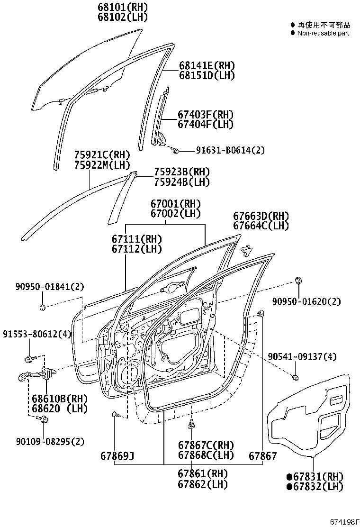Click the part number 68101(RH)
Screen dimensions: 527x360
coord(123,8)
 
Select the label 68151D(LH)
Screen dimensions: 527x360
coord(207,75)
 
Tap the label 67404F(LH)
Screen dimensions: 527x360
coord(206,125)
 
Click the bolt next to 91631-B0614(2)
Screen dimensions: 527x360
coord(175,150)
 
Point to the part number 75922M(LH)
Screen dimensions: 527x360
coord(102,164)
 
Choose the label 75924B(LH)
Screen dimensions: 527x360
coord(181,182)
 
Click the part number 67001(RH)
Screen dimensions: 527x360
coord(176,204)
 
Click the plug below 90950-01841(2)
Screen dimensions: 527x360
coord(42,308)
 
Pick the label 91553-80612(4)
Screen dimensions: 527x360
coord(36,334)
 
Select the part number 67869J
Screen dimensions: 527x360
coord(117,456)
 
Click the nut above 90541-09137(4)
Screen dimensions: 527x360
coord(295,377)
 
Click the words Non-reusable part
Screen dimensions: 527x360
coord(323,33)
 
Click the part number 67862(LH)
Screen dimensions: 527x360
coord(203,484)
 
